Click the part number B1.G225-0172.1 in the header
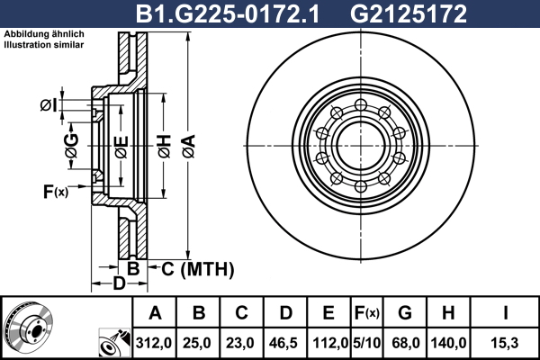(x=228, y=14)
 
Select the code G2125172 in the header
(x=408, y=14)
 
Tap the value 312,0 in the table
(x=154, y=343)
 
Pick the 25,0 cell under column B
(x=197, y=343)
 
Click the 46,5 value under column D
(x=283, y=343)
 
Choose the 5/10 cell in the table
(x=367, y=343)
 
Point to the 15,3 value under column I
(x=505, y=343)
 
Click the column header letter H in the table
(x=448, y=313)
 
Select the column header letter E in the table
(x=328, y=313)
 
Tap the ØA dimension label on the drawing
(x=189, y=146)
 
